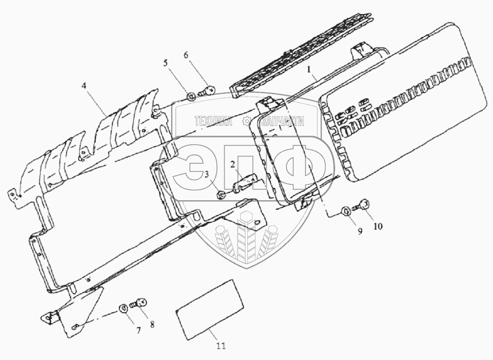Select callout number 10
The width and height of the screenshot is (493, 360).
[x=378, y=226]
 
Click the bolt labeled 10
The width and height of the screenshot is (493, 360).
[x=363, y=206]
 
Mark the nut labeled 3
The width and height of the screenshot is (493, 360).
[x=220, y=194]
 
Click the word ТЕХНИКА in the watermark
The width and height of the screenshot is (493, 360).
[x=213, y=122]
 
